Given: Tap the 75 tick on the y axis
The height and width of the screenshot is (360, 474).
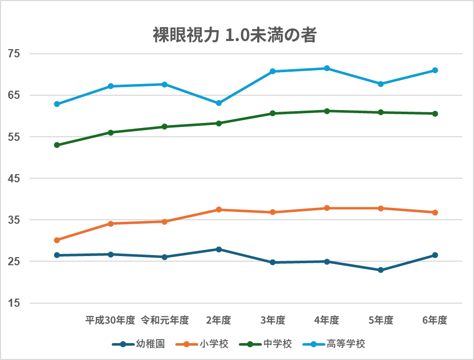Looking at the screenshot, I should coord(14,54).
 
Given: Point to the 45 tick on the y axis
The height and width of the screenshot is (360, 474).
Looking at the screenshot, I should coord(14,178).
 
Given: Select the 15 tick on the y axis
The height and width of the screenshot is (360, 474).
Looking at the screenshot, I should coord(14,303).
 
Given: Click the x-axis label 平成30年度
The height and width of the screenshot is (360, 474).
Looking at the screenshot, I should coord(110,321).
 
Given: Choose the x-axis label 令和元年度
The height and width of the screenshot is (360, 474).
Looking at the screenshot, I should coord(164,321).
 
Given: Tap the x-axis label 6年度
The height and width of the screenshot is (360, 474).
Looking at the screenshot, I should coord(435,321).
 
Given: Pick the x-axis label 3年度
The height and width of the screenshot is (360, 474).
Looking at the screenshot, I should coord(273,321).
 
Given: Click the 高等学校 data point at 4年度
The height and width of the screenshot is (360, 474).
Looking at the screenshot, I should coord(327,68).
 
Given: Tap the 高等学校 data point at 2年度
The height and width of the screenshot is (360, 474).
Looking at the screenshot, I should coord(219,103).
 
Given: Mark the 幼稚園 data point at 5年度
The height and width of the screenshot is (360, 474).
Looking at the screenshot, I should coord(381,270).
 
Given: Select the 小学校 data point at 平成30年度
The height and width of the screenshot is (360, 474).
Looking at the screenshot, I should coord(111,223).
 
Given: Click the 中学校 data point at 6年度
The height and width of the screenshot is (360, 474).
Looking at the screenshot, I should coord(435,114).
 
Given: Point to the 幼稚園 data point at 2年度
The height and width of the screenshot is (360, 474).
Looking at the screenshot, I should coord(219,249).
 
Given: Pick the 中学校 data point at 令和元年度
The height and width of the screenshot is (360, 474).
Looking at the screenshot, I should coord(164,126).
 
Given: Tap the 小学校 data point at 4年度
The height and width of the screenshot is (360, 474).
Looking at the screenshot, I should coord(327,208).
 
